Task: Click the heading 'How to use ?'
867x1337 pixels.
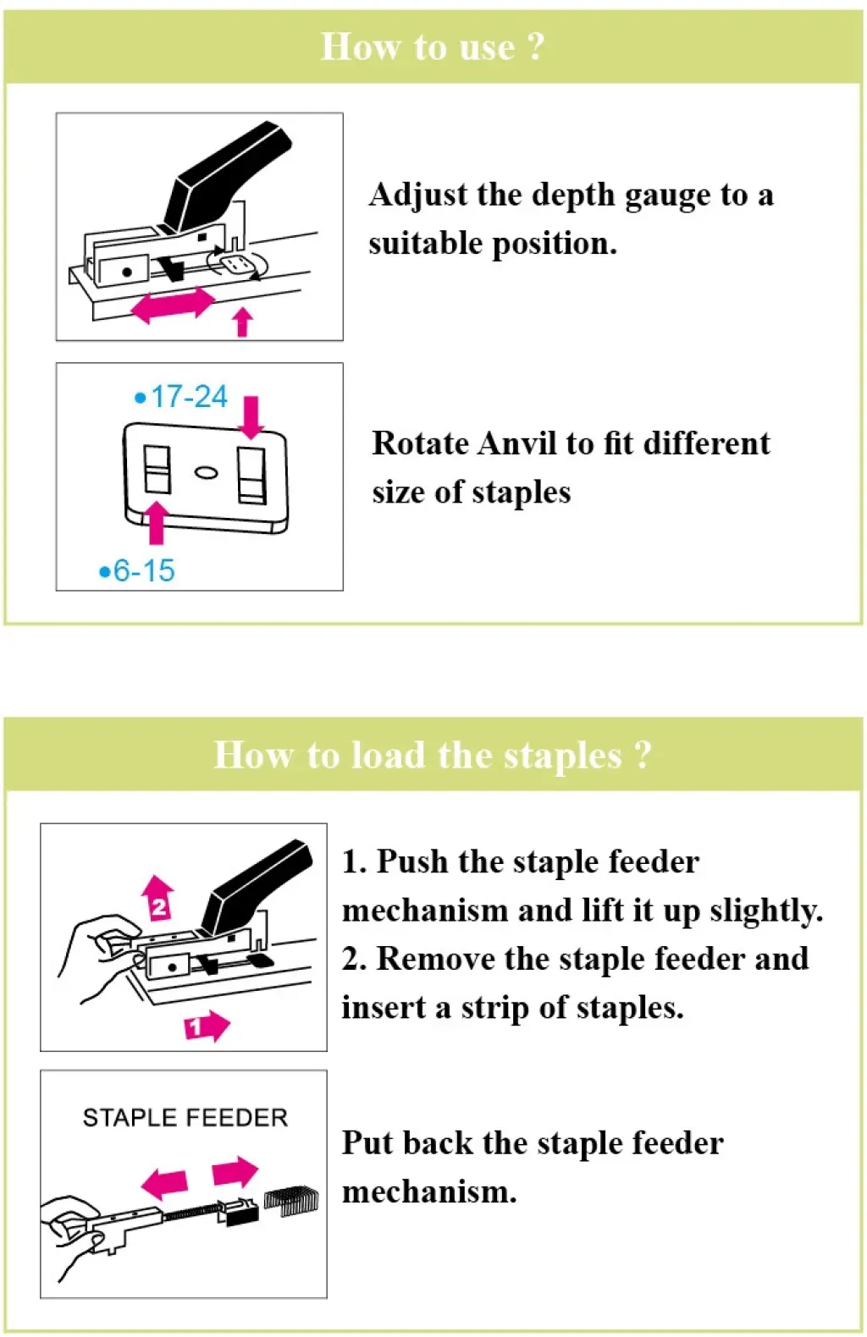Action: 433,47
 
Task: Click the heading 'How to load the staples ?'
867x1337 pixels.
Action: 433,755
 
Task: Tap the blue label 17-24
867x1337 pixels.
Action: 182,396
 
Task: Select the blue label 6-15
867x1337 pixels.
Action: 137,570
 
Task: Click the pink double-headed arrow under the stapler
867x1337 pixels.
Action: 174,305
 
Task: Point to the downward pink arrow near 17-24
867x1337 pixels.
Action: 251,417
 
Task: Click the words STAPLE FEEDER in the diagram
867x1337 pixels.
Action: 185,1118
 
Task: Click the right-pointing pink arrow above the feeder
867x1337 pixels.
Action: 235,1172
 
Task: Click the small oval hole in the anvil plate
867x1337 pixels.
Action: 206,471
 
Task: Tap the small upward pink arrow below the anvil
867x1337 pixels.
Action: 243,322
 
